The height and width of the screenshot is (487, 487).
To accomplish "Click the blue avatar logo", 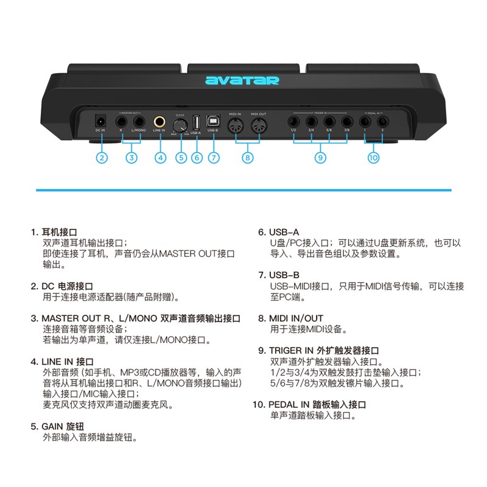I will pyautogui.click(x=242, y=80).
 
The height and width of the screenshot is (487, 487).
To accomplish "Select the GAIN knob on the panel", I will pyautogui.click(x=180, y=122).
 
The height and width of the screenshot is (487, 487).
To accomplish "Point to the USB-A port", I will pyautogui.click(x=195, y=119).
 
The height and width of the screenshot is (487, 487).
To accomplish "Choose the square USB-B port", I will pyautogui.click(x=213, y=119).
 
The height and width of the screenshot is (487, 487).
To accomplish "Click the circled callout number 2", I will pyautogui.click(x=102, y=158).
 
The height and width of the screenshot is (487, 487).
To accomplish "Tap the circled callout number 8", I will pyautogui.click(x=247, y=158).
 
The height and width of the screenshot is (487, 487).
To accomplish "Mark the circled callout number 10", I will pyautogui.click(x=373, y=158).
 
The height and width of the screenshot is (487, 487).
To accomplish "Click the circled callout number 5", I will pyautogui.click(x=180, y=158).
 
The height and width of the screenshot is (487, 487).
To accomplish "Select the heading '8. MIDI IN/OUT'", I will pyautogui.click(x=290, y=318).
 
